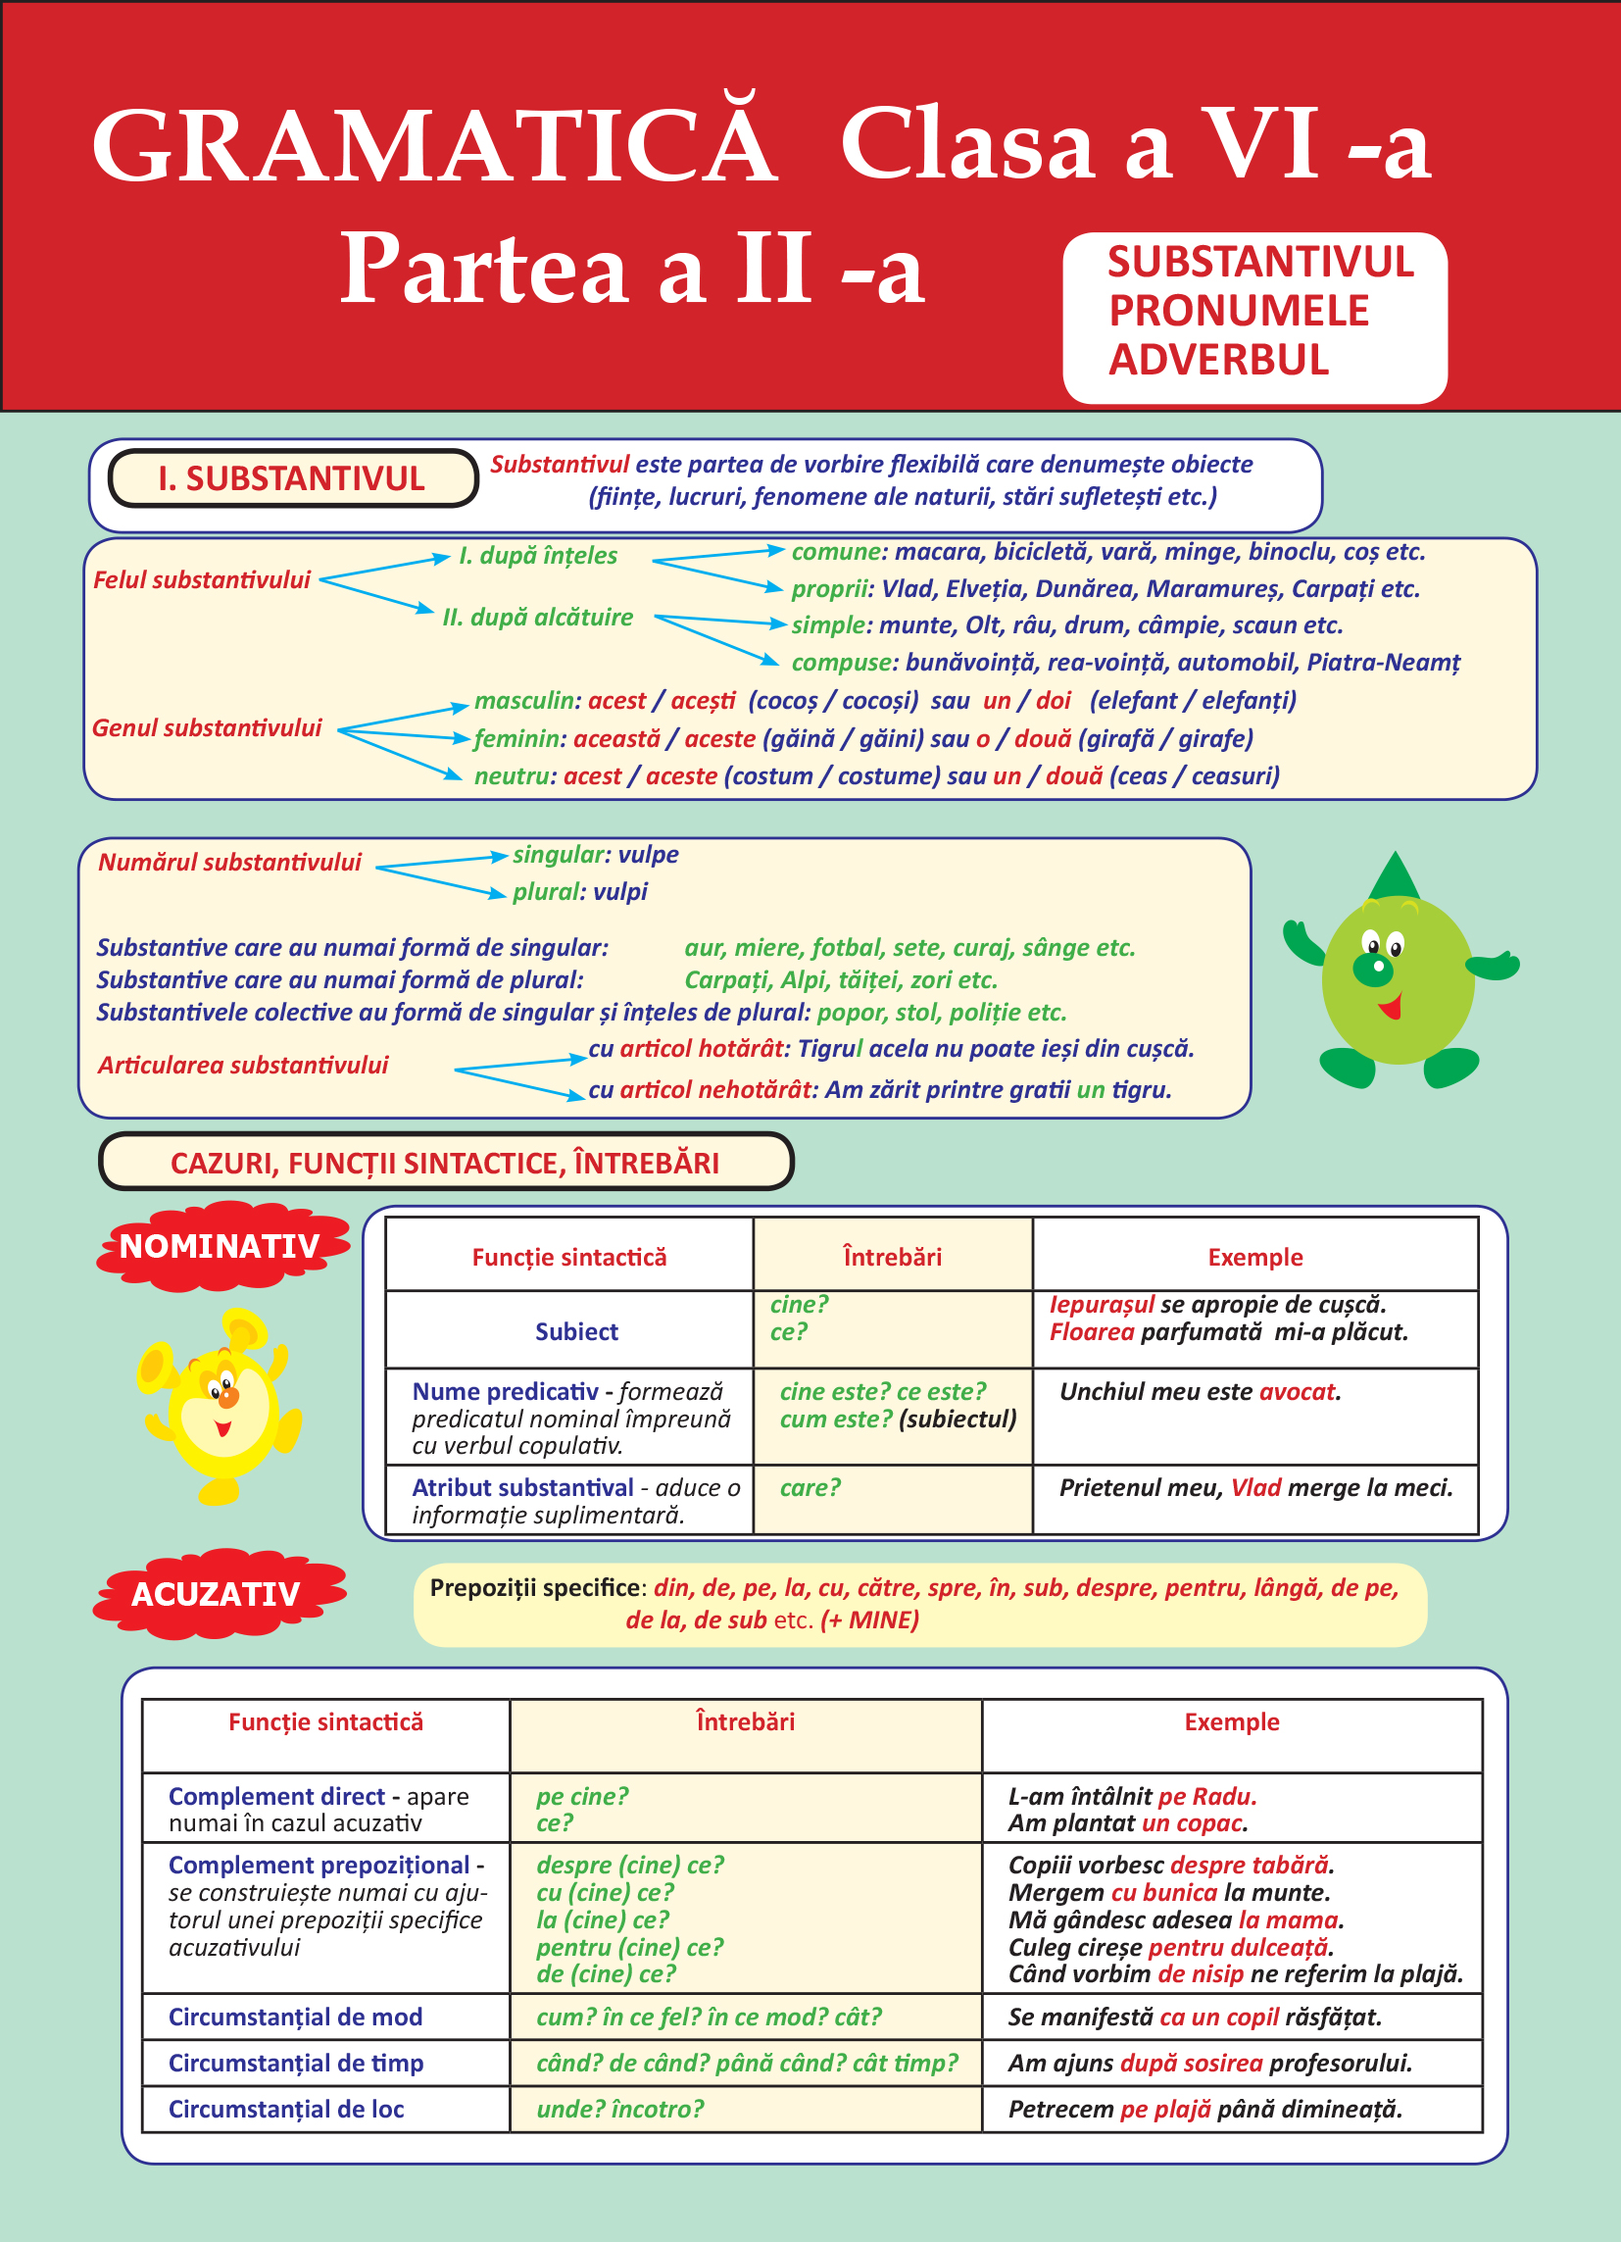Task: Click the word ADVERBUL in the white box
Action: (1218, 360)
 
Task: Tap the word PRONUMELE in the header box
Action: (1238, 312)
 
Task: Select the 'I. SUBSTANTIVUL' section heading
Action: (292, 478)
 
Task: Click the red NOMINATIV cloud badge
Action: (221, 1246)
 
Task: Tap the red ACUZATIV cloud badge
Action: (217, 1594)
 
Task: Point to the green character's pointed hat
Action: (1395, 875)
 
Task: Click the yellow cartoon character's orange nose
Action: (228, 1398)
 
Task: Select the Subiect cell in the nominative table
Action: (576, 1331)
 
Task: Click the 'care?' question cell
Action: (810, 1488)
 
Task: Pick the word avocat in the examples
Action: (1297, 1392)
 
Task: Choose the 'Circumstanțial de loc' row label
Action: (285, 2109)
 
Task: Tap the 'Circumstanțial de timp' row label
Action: (296, 2062)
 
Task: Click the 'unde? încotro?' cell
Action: (619, 2109)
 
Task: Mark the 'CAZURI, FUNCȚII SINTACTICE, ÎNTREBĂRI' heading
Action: (445, 1163)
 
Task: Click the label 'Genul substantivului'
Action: (207, 727)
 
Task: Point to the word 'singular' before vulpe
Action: (558, 854)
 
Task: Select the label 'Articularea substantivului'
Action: (242, 1065)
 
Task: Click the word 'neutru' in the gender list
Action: (510, 776)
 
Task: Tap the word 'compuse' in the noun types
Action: (841, 663)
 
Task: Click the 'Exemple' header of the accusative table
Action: (1232, 1722)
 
